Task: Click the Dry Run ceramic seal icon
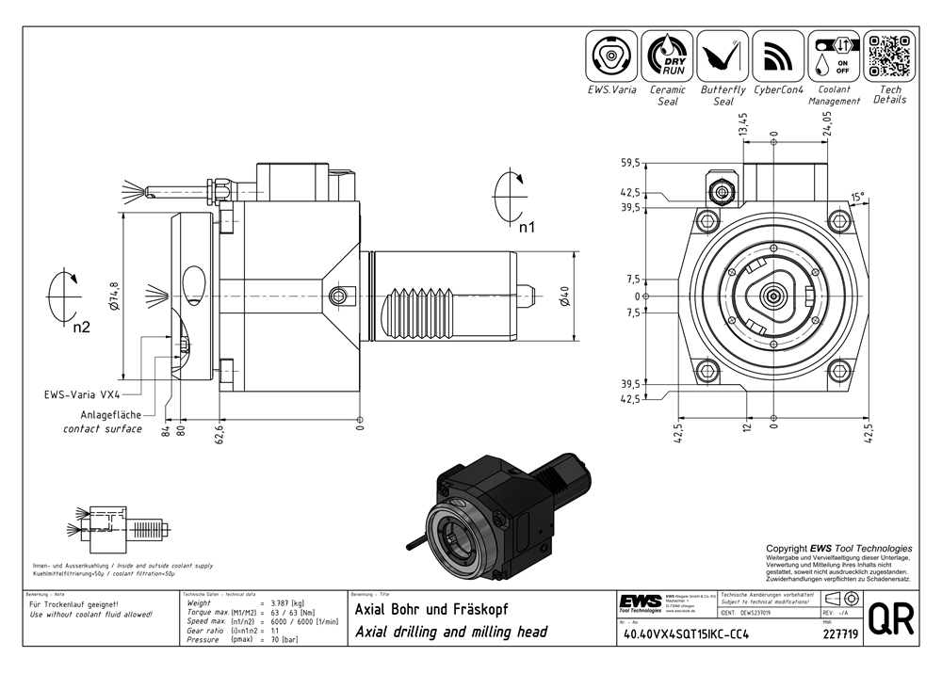[x=667, y=56]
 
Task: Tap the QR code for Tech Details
[x=889, y=56]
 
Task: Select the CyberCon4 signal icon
[x=778, y=56]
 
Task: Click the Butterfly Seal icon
[x=723, y=56]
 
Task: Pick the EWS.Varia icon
[x=611, y=56]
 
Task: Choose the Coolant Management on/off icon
[x=834, y=56]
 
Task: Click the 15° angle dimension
[x=856, y=198]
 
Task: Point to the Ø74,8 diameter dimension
[x=114, y=296]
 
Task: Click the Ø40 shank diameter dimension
[x=564, y=296]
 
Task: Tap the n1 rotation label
[x=527, y=227]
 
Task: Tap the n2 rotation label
[x=81, y=327]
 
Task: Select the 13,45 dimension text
[x=742, y=125]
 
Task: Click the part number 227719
[x=839, y=635]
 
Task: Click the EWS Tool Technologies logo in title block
[x=640, y=601]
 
